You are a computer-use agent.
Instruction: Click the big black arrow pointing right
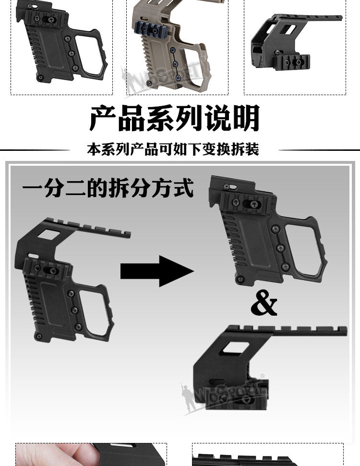[157, 271]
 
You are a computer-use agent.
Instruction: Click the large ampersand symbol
[264, 303]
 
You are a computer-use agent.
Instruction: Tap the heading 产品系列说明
[175, 118]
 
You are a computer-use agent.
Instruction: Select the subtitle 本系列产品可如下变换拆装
[173, 149]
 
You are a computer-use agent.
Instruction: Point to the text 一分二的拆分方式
[108, 187]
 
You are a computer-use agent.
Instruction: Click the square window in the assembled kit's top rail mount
[48, 234]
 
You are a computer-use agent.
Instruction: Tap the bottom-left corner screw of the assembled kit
[38, 336]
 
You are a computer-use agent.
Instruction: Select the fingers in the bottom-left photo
[53, 454]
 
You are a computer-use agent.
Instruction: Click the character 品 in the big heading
[132, 118]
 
